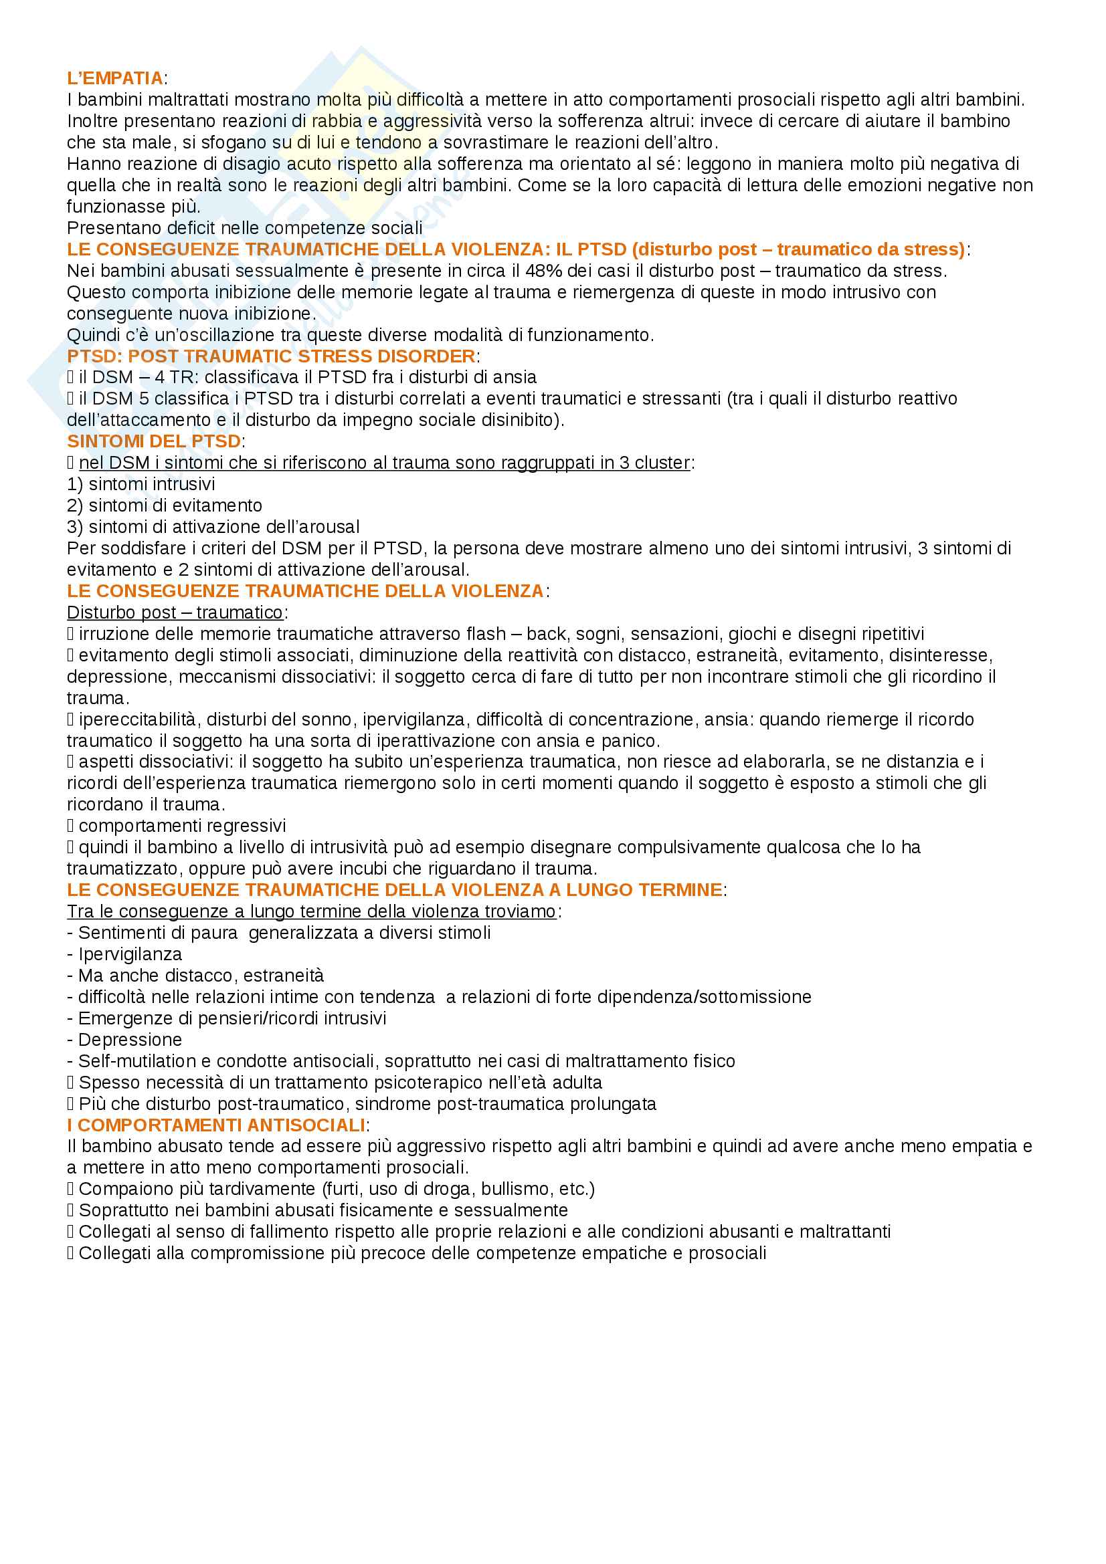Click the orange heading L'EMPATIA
coord(115,78)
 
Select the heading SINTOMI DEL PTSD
coord(153,441)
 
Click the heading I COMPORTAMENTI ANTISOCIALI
coord(216,1125)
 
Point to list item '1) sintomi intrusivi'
coord(141,484)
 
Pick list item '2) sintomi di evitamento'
coord(164,506)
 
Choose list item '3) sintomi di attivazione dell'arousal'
coord(213,526)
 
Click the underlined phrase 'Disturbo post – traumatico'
coord(175,612)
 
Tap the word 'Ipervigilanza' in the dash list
coord(130,954)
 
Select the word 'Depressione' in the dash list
coord(130,1040)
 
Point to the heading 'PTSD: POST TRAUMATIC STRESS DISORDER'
coord(271,356)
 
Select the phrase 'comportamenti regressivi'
coord(182,826)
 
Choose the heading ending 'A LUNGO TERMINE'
coord(395,889)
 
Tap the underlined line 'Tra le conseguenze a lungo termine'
coord(310,911)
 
